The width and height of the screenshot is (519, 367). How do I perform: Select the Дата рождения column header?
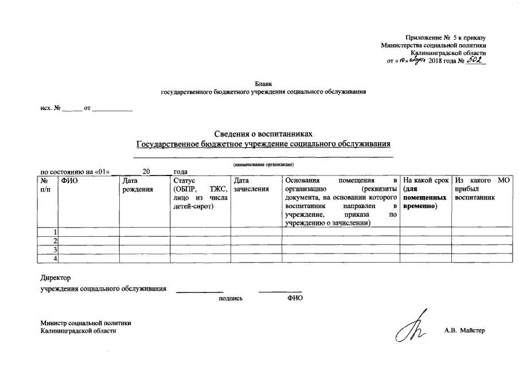coord(137,185)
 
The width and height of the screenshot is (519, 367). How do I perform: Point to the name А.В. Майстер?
coord(465,331)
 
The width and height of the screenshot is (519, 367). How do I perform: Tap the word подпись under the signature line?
coord(231,298)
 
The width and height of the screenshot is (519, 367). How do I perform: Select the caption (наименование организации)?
coord(263,165)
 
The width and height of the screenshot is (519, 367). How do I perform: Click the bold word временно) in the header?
coord(420,205)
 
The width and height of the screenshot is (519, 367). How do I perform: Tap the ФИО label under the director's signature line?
coord(295,298)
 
